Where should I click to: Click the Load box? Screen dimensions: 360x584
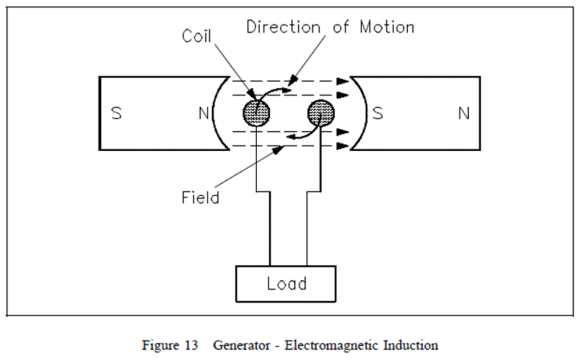click(x=286, y=284)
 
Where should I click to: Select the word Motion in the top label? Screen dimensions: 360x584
click(x=387, y=27)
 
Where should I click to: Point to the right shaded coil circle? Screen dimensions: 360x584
click(x=321, y=114)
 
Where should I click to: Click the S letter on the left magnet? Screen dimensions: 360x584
click(x=116, y=114)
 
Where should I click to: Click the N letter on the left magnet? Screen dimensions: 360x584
click(x=204, y=114)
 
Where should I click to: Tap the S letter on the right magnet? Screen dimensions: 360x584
click(x=378, y=114)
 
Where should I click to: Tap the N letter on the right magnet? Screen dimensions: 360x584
click(x=464, y=114)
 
